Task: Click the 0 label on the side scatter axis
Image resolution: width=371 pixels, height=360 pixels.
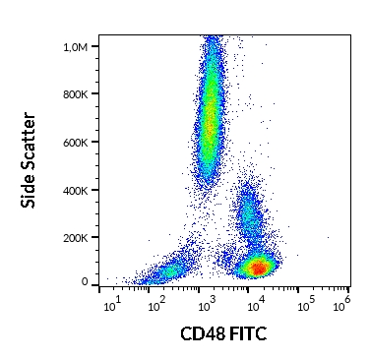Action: pos(85,283)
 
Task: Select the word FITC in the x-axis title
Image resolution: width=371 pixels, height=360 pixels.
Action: pos(248,335)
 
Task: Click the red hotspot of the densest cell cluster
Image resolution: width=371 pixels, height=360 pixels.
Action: pos(258,267)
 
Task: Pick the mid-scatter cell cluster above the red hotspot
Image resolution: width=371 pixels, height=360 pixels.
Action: pos(248,216)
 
